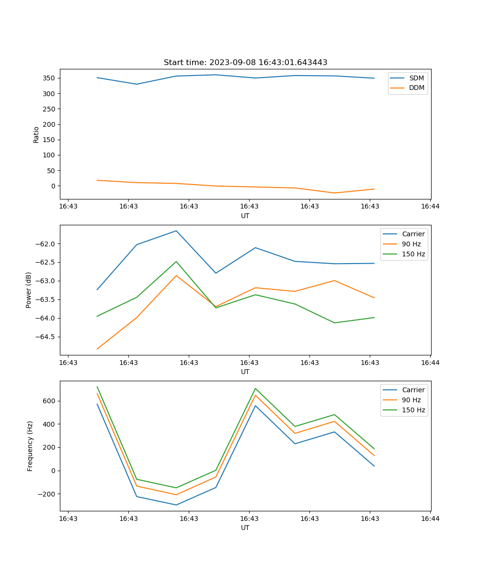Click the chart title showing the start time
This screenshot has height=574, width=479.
(x=245, y=63)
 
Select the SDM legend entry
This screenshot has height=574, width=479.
(x=416, y=78)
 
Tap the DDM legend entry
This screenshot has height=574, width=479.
(x=416, y=88)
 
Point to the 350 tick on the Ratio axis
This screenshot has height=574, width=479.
(x=50, y=78)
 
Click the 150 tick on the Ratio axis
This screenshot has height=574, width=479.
(x=50, y=140)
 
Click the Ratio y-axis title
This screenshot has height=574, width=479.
(x=36, y=134)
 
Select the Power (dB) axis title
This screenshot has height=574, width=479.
(x=29, y=290)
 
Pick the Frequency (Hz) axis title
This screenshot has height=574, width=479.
(x=30, y=446)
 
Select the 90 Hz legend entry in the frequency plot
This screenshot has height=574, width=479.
(x=411, y=400)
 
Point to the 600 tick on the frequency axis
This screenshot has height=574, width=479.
(x=49, y=401)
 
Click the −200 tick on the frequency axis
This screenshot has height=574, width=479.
(x=47, y=494)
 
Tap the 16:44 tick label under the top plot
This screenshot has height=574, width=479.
(x=430, y=207)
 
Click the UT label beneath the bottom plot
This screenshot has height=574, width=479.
(x=245, y=528)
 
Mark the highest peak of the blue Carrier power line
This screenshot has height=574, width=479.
(x=176, y=231)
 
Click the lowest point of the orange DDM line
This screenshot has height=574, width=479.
(x=334, y=193)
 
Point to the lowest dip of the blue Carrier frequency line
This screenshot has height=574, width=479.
(x=176, y=505)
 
